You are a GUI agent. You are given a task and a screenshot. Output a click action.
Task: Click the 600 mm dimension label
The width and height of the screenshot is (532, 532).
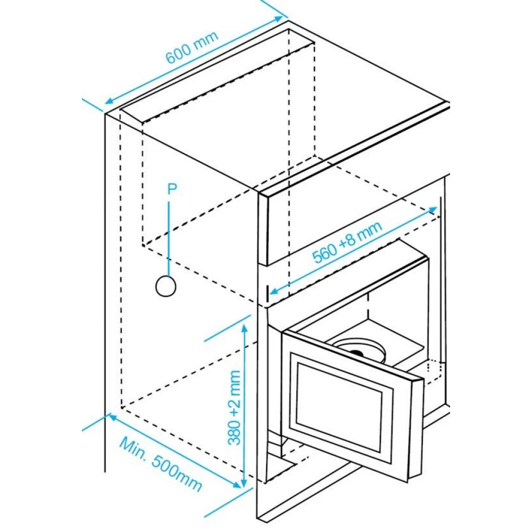point(192,47)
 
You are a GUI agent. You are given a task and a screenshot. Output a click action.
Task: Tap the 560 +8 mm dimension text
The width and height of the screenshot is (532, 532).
point(347,242)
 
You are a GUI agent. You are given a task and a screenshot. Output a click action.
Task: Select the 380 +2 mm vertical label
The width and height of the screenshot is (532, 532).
point(235,407)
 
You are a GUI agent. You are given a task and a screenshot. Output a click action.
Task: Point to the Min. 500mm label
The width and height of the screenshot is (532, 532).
point(161,464)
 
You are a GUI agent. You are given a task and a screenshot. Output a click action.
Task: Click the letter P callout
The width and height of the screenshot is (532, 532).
point(172,189)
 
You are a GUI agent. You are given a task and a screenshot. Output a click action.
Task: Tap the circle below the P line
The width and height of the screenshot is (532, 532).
point(165,286)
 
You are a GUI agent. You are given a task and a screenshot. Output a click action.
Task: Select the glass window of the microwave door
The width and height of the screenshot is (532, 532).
point(339,407)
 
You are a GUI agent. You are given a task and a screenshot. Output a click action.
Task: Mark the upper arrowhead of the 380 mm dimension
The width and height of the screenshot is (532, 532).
point(245,327)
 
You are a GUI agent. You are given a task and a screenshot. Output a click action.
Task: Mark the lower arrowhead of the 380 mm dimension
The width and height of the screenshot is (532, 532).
point(243,483)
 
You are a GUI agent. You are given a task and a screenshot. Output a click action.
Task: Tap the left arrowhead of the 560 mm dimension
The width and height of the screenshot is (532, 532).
point(273,290)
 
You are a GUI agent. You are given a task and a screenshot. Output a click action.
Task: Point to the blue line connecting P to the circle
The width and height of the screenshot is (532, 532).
point(169,238)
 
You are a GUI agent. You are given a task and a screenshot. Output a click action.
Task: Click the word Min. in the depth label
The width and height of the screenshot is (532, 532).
point(132,447)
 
